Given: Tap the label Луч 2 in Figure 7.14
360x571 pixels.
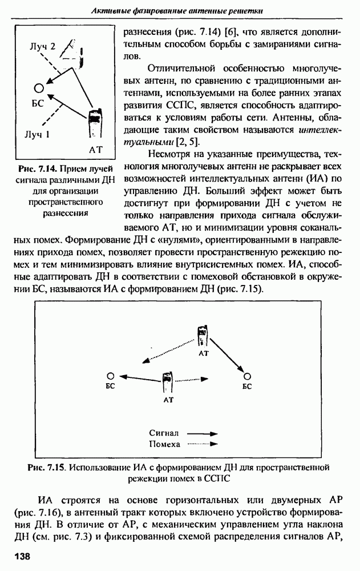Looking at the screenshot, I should tap(43, 47).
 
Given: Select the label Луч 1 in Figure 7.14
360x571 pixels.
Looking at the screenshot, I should tap(37, 135).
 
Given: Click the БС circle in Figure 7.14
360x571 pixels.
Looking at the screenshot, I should tap(38, 88).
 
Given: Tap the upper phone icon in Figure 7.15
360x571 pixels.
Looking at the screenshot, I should tap(203, 336).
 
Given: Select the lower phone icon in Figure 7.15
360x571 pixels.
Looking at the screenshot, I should tap(167, 382).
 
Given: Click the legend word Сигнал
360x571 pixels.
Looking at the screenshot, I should tap(164, 433).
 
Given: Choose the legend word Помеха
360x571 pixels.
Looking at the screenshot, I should tap(164, 444).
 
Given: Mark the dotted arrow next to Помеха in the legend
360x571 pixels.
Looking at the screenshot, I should tap(203, 444).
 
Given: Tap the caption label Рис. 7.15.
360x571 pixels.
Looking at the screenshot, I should tap(46, 468).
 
